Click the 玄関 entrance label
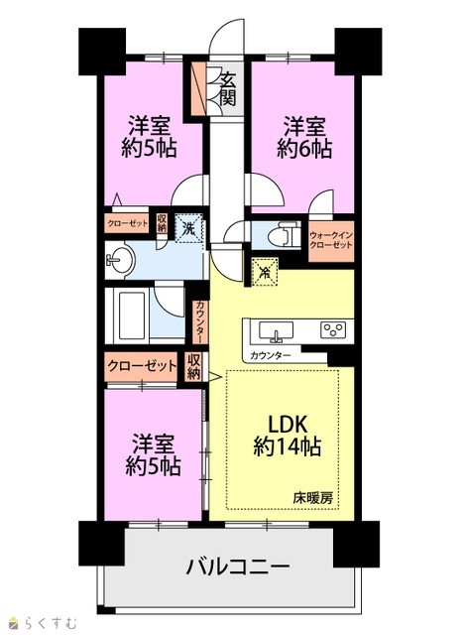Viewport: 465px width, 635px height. click(228, 90)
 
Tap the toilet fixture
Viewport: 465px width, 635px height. click(285, 235)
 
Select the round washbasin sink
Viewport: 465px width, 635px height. click(120, 260)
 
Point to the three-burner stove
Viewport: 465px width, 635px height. click(333, 329)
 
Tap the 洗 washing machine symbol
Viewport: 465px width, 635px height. click(188, 228)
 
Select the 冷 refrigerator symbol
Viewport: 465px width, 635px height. click(265, 272)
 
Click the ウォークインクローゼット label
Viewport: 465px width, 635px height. click(330, 240)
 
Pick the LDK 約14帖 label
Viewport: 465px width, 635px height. click(287, 436)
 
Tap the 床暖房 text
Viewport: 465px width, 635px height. click(313, 498)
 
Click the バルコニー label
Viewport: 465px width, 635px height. click(238, 567)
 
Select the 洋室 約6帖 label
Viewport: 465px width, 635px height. click(304, 137)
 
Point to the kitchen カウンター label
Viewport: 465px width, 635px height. click(271, 356)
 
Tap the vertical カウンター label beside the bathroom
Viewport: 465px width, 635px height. click(200, 321)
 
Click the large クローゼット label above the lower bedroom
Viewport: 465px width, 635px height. click(142, 366)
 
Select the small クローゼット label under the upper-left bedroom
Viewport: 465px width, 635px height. click(128, 223)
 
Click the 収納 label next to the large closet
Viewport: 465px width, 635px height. click(193, 366)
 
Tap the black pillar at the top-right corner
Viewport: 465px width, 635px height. click(358, 52)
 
